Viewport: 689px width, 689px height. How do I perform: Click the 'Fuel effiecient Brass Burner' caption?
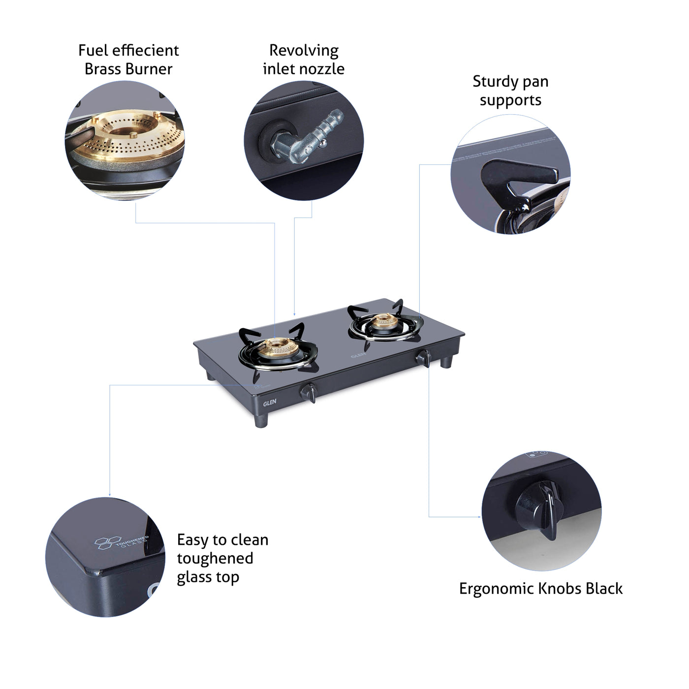click(x=128, y=60)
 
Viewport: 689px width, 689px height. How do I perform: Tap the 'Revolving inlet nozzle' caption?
click(x=304, y=60)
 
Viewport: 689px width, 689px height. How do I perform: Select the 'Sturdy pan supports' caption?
click(x=510, y=91)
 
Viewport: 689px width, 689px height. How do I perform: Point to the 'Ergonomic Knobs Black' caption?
click(x=540, y=589)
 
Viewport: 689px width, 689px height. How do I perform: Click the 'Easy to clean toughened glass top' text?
click(x=222, y=559)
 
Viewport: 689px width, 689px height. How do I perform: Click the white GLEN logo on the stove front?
click(x=270, y=402)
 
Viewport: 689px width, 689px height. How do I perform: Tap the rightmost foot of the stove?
click(x=446, y=362)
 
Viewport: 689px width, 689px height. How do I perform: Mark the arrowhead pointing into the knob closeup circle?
click(x=479, y=517)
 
